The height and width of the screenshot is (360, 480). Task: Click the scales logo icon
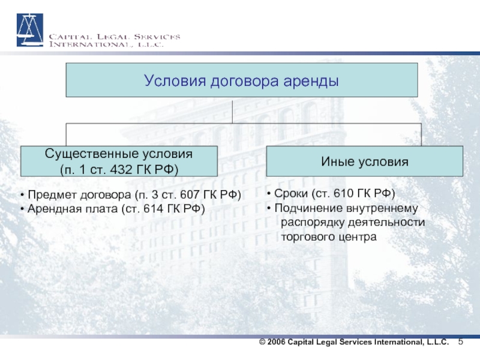pyautogui.click(x=29, y=30)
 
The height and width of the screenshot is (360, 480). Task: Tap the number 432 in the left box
pyautogui.click(x=121, y=169)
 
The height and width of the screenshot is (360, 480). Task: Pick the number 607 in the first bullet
pyautogui.click(x=190, y=194)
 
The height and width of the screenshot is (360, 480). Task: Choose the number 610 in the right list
pyautogui.click(x=344, y=193)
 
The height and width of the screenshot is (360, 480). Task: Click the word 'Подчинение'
pyautogui.click(x=308, y=208)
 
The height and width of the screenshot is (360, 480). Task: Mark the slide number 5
pyautogui.click(x=461, y=341)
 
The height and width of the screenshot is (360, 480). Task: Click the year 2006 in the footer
pyautogui.click(x=276, y=342)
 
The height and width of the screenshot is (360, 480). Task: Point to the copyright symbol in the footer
pyautogui.click(x=262, y=342)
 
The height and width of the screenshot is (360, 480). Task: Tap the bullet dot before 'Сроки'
pyautogui.click(x=269, y=194)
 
